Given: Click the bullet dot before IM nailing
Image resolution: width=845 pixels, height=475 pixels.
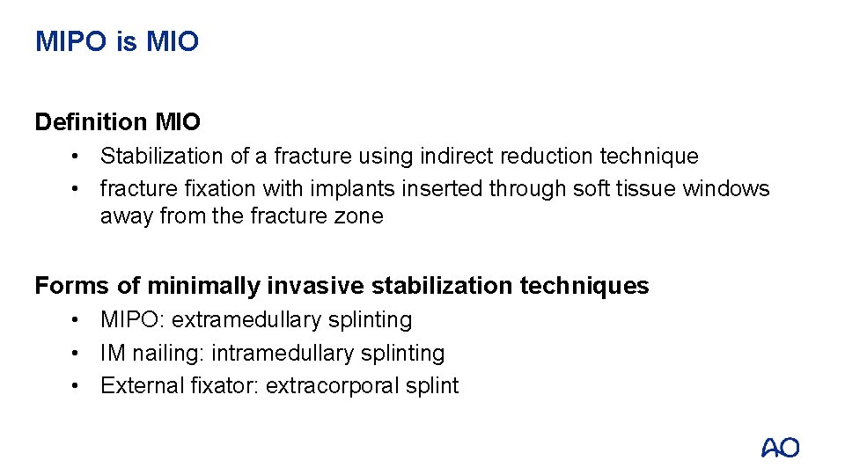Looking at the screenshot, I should (x=77, y=354).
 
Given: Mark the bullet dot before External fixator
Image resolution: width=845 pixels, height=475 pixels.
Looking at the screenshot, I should (x=77, y=386).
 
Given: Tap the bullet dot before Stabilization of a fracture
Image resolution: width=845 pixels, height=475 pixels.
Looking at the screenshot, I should (x=77, y=157).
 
